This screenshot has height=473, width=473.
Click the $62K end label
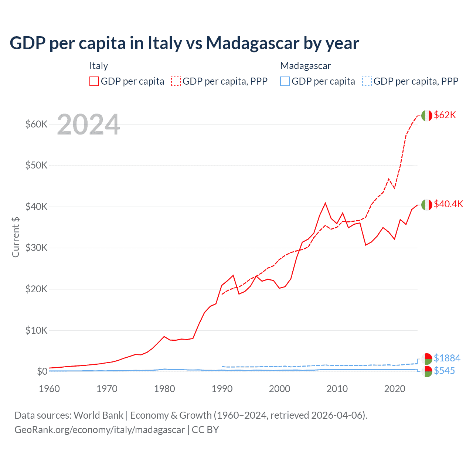tap(445, 115)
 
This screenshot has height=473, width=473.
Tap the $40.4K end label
tap(448, 204)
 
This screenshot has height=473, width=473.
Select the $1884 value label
tap(447, 358)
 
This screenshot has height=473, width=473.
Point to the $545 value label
tap(444, 371)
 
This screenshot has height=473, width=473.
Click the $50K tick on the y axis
tap(36, 165)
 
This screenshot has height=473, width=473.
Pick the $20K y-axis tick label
tap(36, 289)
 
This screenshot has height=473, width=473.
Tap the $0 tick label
tap(42, 371)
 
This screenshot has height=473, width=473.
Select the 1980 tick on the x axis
tap(164, 389)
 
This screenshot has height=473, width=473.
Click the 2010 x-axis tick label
tap(337, 389)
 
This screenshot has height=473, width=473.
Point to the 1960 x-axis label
tap(49, 389)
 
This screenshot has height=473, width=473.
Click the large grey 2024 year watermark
tap(89, 125)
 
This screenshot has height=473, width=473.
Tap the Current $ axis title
tap(16, 237)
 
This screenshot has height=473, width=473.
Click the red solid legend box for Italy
tap(94, 81)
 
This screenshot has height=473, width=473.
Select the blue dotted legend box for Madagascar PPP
tap(367, 81)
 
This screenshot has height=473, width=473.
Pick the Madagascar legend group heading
tap(306, 66)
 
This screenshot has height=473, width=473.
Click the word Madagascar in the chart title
tap(253, 43)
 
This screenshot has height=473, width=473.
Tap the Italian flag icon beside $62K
tap(426, 116)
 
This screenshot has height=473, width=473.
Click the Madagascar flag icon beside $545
tap(427, 371)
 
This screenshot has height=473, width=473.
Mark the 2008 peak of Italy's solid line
tap(325, 203)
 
